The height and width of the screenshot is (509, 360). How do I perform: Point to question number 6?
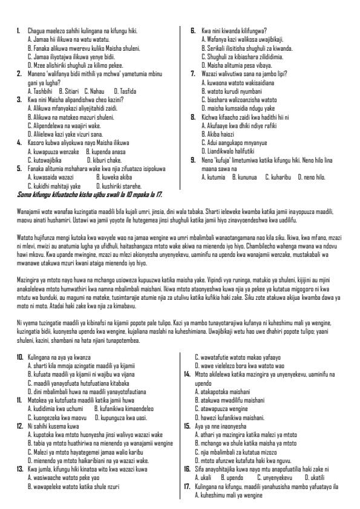point(192,29)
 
